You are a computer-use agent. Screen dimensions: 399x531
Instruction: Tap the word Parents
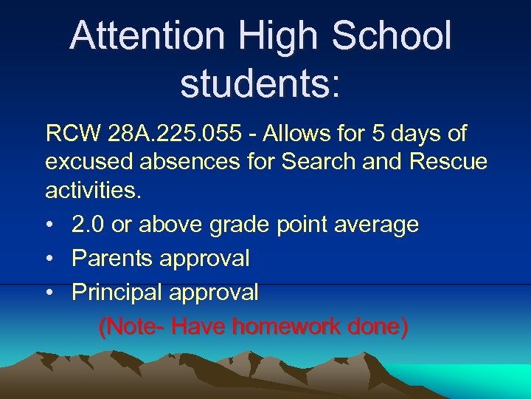click(x=116, y=258)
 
